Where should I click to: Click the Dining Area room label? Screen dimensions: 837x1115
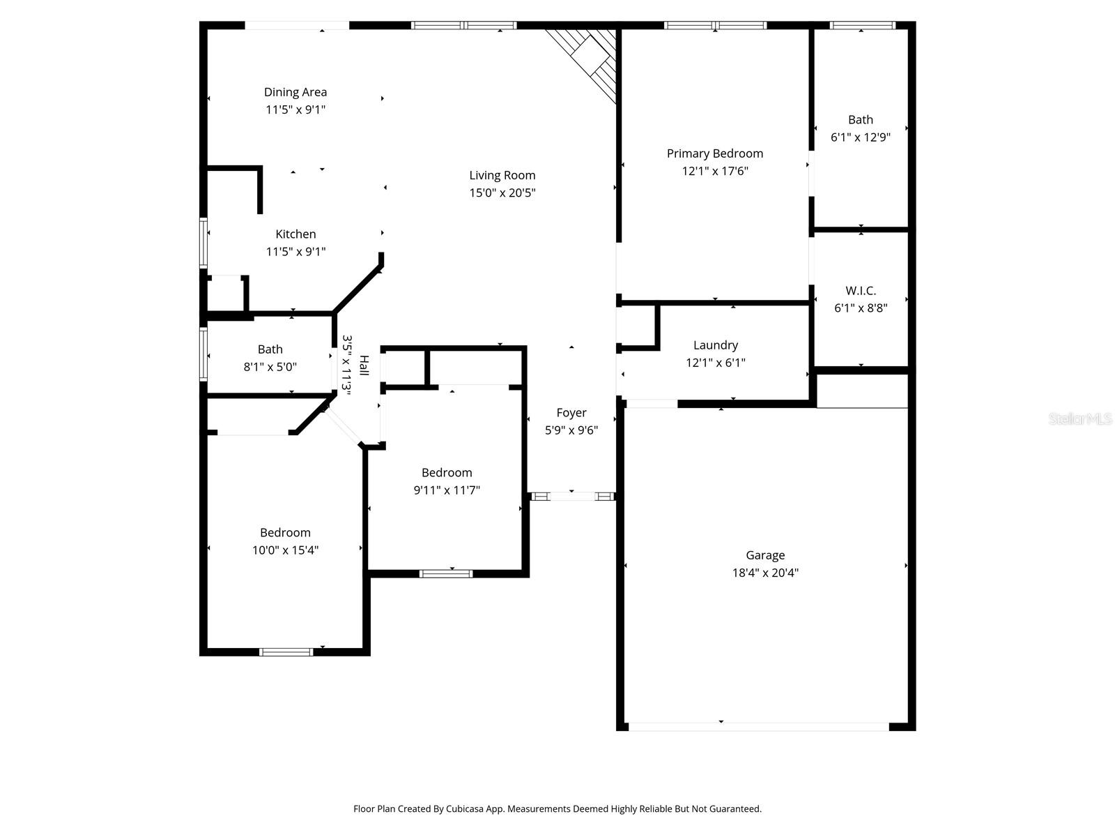[x=295, y=92]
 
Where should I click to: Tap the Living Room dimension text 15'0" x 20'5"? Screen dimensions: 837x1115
[x=502, y=193]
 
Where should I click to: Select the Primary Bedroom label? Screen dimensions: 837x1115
[x=714, y=153]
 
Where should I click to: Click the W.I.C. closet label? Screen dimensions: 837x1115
[x=861, y=291]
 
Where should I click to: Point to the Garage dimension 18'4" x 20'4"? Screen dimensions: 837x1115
[x=765, y=573]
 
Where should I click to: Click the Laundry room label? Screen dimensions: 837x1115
[x=715, y=345]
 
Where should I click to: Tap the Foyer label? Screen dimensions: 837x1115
[x=571, y=413]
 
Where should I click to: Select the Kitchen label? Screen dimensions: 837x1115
[x=295, y=234]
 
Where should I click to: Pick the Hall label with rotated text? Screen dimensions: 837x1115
[x=364, y=365]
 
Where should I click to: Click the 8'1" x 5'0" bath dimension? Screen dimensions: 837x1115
[x=270, y=366]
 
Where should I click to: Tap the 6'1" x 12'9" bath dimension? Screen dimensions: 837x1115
[x=861, y=137]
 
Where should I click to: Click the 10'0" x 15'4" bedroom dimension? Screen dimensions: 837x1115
[x=285, y=550]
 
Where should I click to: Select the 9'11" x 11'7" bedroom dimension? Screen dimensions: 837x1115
[x=447, y=490]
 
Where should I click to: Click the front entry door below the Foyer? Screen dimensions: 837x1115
[x=571, y=497]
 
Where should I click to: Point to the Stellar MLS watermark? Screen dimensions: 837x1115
[x=1079, y=419]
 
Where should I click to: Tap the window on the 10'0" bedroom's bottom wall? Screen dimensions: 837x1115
[x=286, y=652]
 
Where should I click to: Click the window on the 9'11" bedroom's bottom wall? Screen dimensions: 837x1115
[x=446, y=573]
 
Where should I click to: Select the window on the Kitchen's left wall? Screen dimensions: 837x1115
[x=203, y=243]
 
